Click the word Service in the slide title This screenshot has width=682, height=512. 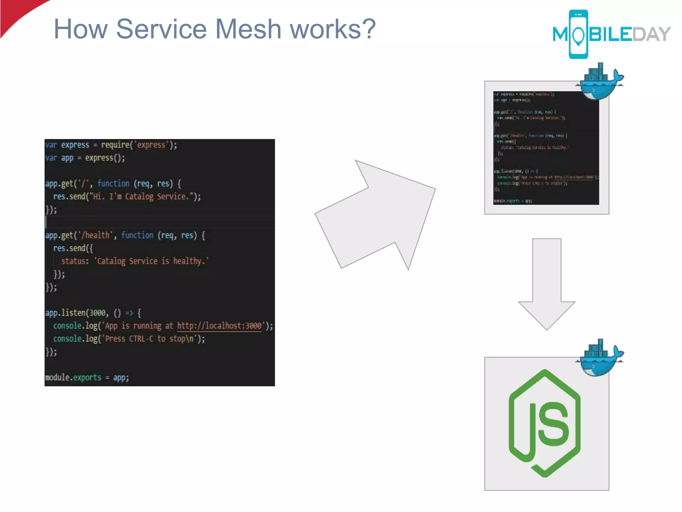[161, 29]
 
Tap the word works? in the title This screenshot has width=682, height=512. [333, 29]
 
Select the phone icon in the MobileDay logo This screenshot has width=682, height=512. [578, 34]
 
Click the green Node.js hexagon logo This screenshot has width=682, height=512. [544, 423]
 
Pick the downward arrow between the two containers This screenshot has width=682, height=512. [546, 283]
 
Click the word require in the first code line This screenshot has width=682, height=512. [115, 145]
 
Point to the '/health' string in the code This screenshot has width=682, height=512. [96, 235]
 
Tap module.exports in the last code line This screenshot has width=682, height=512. [73, 377]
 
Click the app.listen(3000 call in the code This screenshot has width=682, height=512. [77, 313]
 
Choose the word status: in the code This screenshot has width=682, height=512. [75, 261]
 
